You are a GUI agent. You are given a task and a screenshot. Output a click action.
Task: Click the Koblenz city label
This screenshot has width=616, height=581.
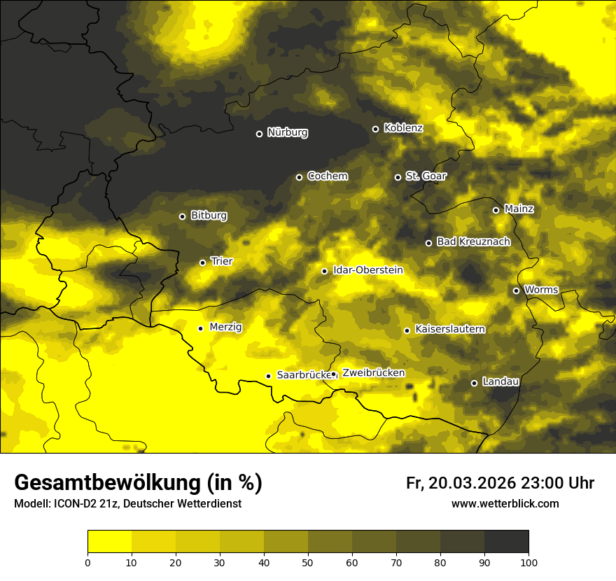(x=403, y=129)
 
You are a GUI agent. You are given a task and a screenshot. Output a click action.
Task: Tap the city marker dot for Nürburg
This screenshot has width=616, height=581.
(x=259, y=134)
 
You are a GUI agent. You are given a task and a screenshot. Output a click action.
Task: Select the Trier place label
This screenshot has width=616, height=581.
(x=222, y=262)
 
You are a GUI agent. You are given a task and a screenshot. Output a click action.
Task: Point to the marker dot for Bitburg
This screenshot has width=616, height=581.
(x=182, y=216)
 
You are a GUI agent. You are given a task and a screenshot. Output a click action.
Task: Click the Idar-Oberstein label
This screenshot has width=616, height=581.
(x=367, y=270)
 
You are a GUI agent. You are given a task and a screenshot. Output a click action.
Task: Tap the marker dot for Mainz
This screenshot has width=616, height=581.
(x=496, y=210)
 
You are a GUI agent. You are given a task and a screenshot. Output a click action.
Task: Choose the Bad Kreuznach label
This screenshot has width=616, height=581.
(x=473, y=242)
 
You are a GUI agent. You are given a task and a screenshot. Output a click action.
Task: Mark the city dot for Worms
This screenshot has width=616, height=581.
(x=516, y=290)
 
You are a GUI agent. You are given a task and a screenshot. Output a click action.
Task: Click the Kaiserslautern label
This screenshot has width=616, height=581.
(x=450, y=330)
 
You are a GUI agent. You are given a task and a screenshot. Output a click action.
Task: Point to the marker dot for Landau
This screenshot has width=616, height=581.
(x=474, y=383)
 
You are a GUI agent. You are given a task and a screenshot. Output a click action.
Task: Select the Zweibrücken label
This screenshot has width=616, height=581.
(x=373, y=373)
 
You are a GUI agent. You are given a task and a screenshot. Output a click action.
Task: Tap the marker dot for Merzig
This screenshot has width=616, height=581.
(x=200, y=328)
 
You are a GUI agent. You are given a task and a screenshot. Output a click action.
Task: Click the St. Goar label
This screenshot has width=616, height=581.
(x=426, y=176)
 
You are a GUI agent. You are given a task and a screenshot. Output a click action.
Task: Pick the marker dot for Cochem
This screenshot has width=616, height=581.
(x=299, y=177)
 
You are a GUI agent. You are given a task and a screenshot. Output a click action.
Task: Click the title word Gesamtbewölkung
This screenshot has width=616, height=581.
(x=106, y=483)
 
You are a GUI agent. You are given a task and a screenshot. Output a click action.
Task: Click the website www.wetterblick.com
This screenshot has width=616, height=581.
(x=505, y=503)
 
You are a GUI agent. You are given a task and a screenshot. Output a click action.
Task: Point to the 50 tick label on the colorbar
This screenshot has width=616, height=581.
(x=308, y=561)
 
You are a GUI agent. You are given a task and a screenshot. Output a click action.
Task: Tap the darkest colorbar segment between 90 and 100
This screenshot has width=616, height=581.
(x=506, y=542)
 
